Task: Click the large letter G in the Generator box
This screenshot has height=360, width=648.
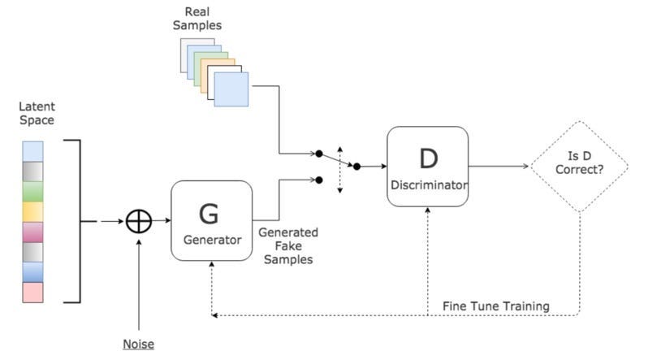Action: (x=209, y=214)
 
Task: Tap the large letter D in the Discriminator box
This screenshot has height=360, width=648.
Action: (x=429, y=158)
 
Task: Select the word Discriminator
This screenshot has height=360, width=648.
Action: (x=429, y=185)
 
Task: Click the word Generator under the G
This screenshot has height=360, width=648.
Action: (x=213, y=240)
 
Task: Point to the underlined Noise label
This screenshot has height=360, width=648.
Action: (x=138, y=344)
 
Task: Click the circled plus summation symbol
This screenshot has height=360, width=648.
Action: (x=139, y=221)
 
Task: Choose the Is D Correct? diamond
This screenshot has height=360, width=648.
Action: (x=580, y=167)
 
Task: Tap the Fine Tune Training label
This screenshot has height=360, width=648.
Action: (x=496, y=306)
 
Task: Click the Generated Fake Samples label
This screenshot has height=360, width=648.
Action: (x=288, y=245)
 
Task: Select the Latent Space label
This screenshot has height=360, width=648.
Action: (x=37, y=113)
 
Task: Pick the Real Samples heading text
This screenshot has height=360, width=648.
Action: (x=197, y=18)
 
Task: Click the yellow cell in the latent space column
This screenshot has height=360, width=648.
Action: (x=32, y=212)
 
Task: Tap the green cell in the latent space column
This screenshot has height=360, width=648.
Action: (x=32, y=192)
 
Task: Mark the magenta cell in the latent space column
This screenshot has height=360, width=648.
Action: (x=32, y=232)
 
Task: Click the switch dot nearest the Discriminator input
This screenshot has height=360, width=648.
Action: (x=356, y=167)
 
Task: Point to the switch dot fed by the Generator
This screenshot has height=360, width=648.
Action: (x=318, y=180)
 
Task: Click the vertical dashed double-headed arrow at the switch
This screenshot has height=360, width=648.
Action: (x=339, y=170)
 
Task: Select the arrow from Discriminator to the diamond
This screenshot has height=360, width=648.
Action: (x=499, y=167)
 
